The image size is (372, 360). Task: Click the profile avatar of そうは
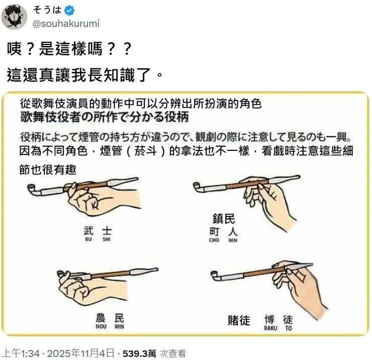pos(14,17)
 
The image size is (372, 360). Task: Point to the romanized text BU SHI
pos(98,240)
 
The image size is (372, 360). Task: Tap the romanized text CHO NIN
pos(224,240)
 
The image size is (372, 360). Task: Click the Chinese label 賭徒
pos(239,320)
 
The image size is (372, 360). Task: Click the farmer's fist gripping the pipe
pos(78,288)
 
